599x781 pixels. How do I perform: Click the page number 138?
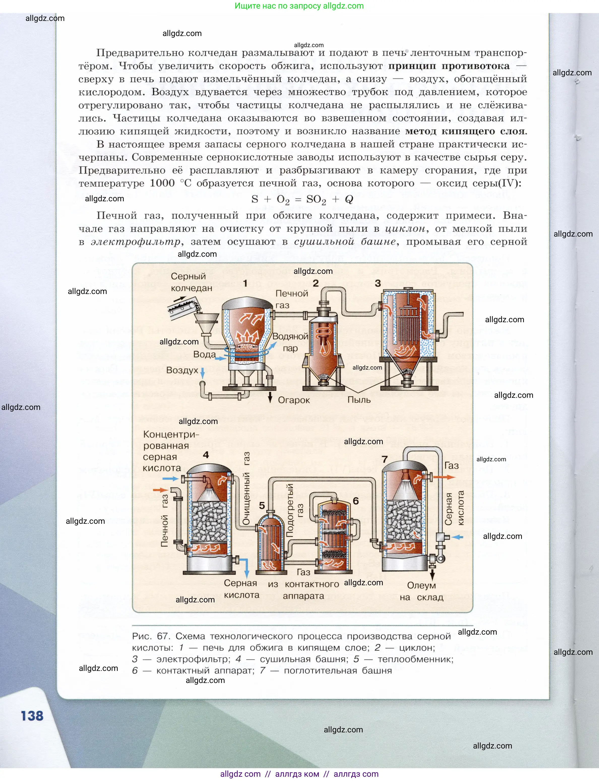point(32,716)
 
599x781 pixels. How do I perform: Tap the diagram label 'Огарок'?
point(294,400)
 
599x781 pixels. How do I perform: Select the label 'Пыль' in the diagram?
point(359,400)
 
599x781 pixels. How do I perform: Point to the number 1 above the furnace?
point(245,283)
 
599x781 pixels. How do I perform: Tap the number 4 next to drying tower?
point(206,455)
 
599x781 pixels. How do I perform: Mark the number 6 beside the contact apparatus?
point(356,501)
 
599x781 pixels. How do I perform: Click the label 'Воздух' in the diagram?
point(182,370)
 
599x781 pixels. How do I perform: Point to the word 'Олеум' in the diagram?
point(421,585)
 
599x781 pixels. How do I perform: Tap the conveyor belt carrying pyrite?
point(182,307)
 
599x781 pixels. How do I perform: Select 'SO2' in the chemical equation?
point(316,200)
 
